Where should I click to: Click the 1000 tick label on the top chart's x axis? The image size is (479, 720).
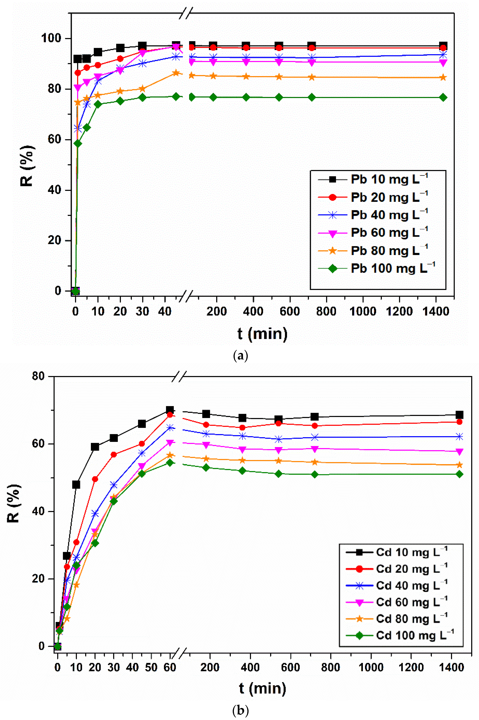tap(363, 311)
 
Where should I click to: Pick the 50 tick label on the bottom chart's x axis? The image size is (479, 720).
tap(151, 667)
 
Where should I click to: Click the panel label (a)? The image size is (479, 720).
tap(240, 356)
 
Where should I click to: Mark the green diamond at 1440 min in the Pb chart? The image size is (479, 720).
tap(443, 97)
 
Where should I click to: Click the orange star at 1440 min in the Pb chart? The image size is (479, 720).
tap(443, 78)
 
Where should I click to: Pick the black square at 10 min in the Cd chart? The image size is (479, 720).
tap(76, 484)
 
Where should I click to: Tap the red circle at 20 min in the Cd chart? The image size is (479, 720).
tap(95, 479)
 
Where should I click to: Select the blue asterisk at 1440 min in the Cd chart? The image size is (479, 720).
tap(459, 436)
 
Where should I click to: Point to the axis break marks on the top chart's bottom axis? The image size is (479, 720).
tap(186, 296)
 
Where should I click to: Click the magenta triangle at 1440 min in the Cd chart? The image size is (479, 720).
tap(459, 451)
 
